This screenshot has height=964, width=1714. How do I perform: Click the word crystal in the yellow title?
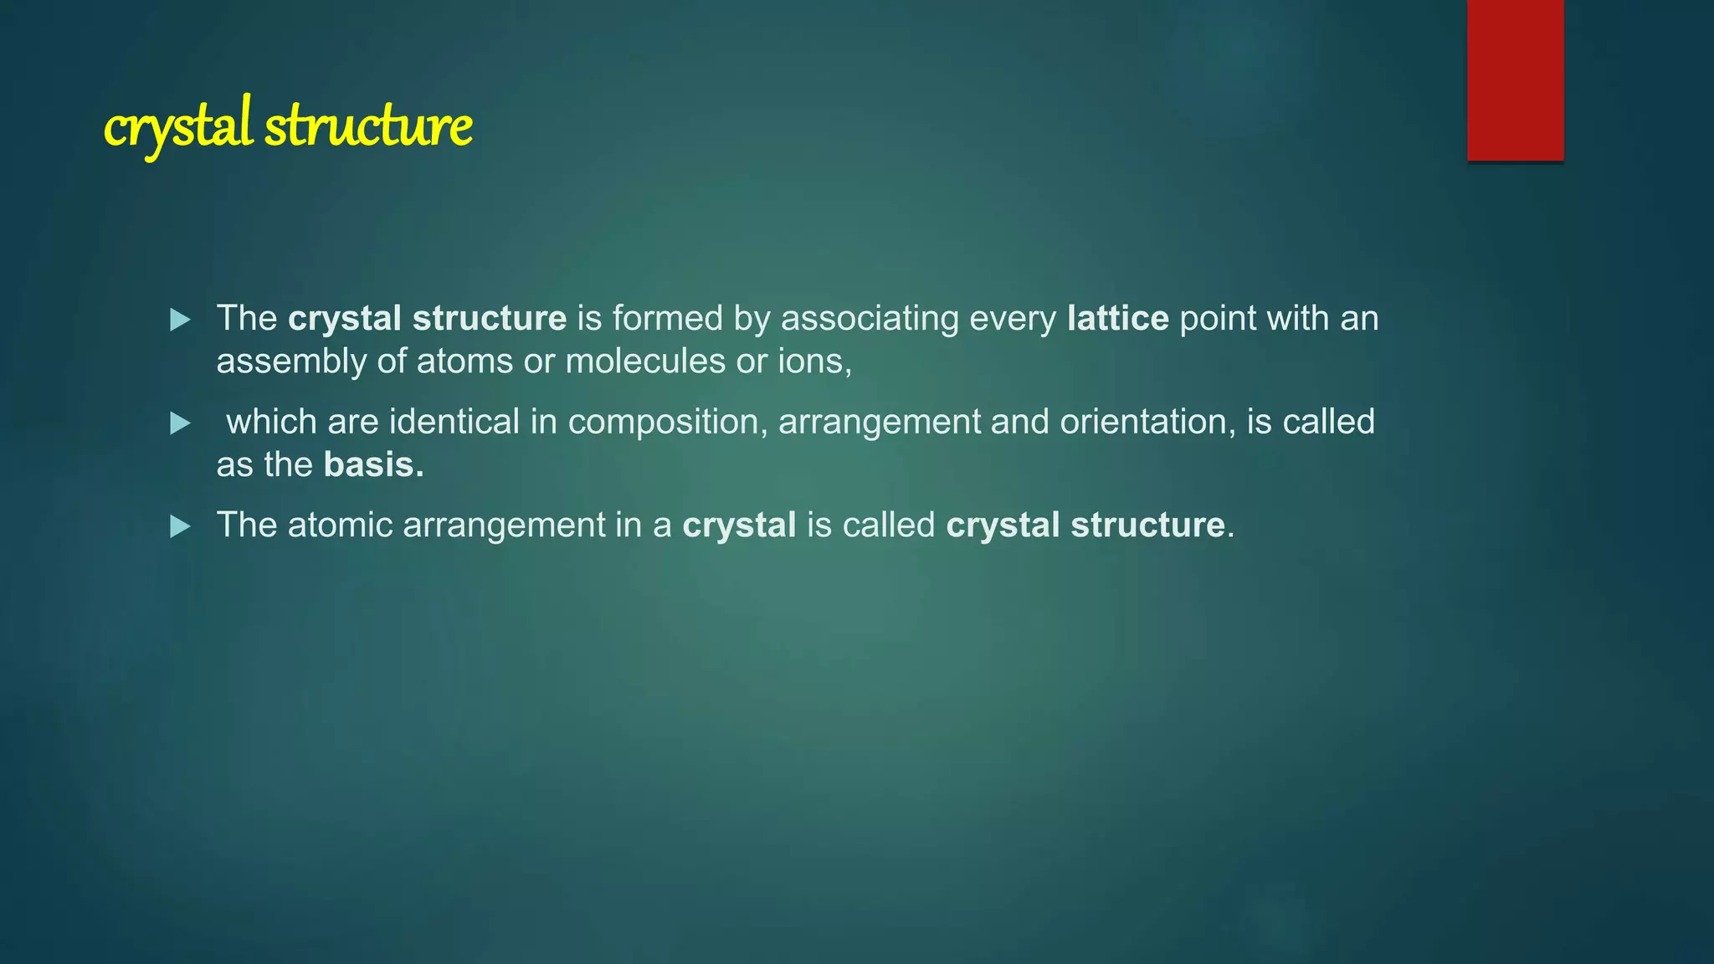[177, 127]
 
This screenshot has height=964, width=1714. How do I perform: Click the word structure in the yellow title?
[368, 127]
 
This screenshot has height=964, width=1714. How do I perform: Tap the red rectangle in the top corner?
[1515, 79]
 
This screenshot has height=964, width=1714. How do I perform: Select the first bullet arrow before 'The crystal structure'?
[180, 320]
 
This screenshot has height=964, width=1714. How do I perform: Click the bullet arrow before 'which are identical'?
[180, 423]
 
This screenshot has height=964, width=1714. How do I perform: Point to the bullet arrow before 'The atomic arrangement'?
[180, 526]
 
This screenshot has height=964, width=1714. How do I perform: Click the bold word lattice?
[1117, 318]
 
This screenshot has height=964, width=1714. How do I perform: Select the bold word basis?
[373, 465]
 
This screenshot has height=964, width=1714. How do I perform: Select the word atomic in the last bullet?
[340, 526]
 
